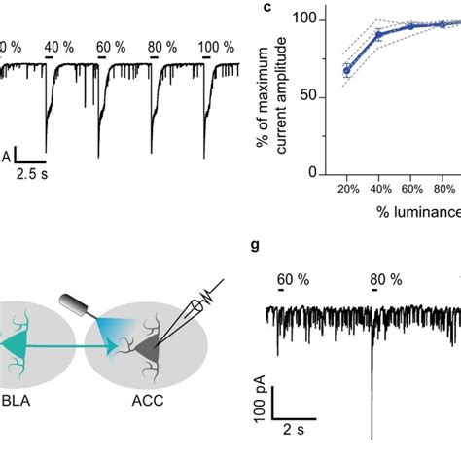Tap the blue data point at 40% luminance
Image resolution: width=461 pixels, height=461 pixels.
point(379,34)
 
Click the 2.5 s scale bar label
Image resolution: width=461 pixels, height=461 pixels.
point(39,174)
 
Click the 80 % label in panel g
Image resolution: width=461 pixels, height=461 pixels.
point(386,279)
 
